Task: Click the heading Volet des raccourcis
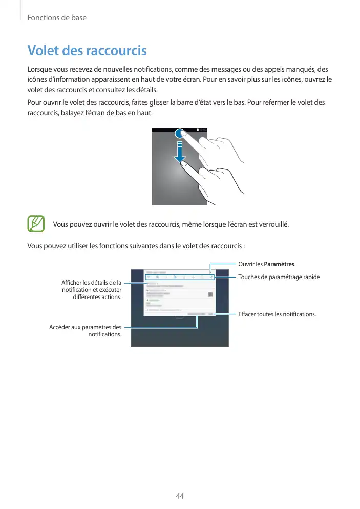tap(87, 51)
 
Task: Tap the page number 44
tap(180, 496)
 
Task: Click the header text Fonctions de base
tap(57, 18)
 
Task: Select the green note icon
tap(36, 224)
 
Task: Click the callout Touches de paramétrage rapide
tap(279, 277)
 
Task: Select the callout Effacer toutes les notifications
tap(277, 314)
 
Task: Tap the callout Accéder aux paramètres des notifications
tap(86, 331)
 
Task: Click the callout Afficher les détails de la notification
tap(91, 290)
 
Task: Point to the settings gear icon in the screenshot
tap(210, 272)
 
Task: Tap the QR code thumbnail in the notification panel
tap(210, 294)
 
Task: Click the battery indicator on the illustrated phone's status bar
tap(198, 130)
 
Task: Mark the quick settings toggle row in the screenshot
tap(179, 277)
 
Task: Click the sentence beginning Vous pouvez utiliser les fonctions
tap(136, 246)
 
